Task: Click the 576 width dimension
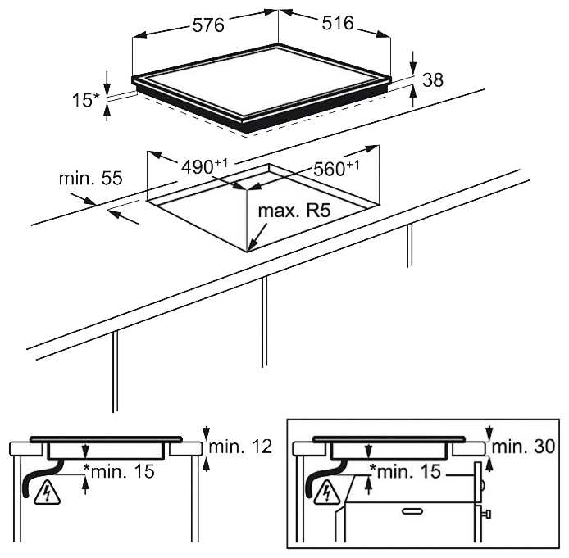208,25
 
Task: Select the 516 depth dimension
338,23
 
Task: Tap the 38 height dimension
433,80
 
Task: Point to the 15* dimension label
85,100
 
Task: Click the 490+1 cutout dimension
205,167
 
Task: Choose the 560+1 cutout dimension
336,168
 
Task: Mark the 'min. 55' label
91,179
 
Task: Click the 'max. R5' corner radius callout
294,211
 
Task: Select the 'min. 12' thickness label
240,447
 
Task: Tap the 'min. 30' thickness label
523,447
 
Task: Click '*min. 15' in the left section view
119,471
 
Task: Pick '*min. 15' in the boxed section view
405,471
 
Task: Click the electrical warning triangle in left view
47,492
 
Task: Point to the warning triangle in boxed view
328,492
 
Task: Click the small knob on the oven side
488,514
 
